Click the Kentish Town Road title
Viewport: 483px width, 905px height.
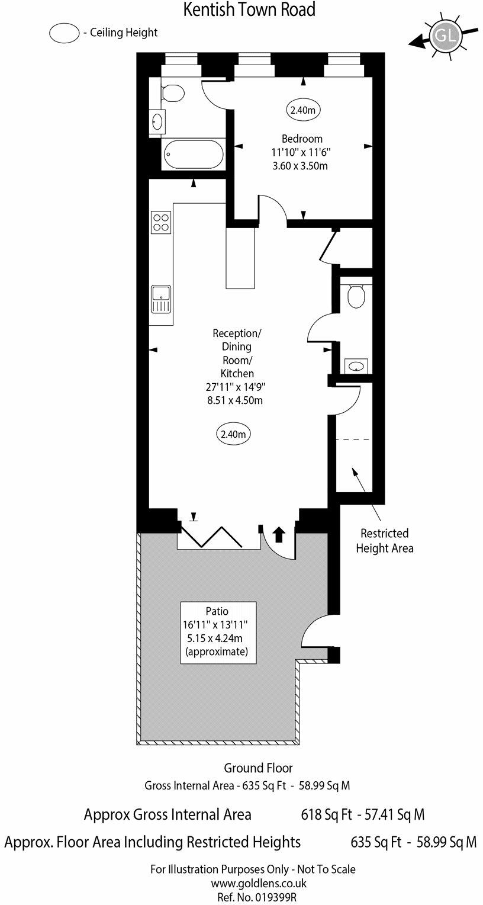click(249, 10)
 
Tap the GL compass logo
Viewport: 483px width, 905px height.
click(446, 36)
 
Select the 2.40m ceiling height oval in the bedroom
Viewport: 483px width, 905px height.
click(304, 110)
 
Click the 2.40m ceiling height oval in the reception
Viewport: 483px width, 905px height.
click(233, 434)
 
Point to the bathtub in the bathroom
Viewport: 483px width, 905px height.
click(194, 154)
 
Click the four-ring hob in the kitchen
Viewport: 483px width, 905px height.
click(160, 222)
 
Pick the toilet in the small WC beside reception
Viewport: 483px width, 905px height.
click(356, 296)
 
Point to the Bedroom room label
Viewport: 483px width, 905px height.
click(302, 139)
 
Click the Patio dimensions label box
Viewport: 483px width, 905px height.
click(219, 631)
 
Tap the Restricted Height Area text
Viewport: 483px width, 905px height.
click(384, 541)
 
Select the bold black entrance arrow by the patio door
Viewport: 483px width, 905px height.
click(278, 535)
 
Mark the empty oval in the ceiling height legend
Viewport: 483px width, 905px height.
click(65, 33)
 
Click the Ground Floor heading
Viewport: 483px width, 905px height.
click(258, 768)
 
